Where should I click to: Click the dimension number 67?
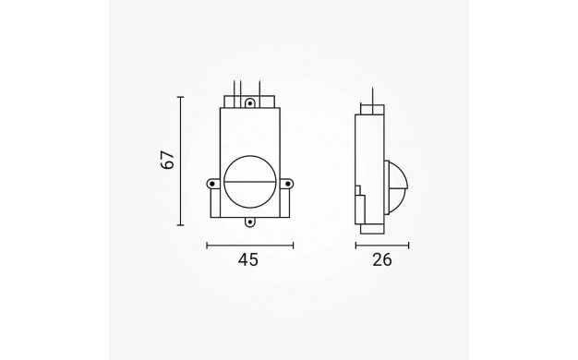tap(168, 160)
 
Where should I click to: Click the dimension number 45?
tap(248, 259)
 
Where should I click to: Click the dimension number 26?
tap(382, 259)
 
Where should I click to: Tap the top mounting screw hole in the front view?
tap(250, 103)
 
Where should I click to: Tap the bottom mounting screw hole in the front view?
tap(250, 222)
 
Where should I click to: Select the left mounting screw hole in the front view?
tap(211, 183)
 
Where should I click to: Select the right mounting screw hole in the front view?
tap(288, 183)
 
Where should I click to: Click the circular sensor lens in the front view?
tap(250, 182)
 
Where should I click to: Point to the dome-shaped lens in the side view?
tap(397, 187)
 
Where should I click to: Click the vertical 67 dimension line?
tap(181, 161)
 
